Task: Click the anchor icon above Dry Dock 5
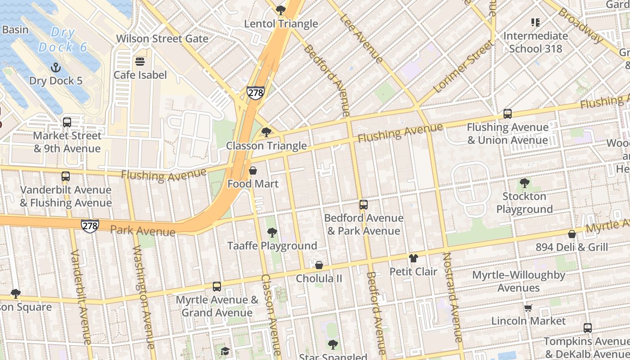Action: pyautogui.click(x=56, y=67)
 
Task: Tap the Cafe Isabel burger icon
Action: pyautogui.click(x=140, y=62)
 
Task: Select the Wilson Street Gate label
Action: pyautogui.click(x=162, y=39)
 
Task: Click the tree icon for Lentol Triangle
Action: pyautogui.click(x=281, y=10)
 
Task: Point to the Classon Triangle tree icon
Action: pyautogui.click(x=266, y=132)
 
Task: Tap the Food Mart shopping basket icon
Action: pyautogui.click(x=253, y=171)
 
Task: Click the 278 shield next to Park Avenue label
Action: pyautogui.click(x=90, y=225)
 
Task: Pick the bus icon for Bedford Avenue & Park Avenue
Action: pyautogui.click(x=364, y=205)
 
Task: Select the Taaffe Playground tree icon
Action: pyautogui.click(x=272, y=233)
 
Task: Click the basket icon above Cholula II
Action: pyautogui.click(x=319, y=265)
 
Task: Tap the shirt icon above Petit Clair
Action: pyautogui.click(x=413, y=258)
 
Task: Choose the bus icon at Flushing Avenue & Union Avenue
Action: pyautogui.click(x=508, y=114)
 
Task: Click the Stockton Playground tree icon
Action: pyautogui.click(x=524, y=183)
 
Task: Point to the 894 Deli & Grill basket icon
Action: pyautogui.click(x=571, y=234)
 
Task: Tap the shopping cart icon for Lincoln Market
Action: pyautogui.click(x=528, y=308)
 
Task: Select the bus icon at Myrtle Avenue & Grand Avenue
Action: pyautogui.click(x=217, y=287)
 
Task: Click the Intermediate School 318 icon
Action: pyautogui.click(x=535, y=22)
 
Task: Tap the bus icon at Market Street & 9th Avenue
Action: pyautogui.click(x=67, y=122)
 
